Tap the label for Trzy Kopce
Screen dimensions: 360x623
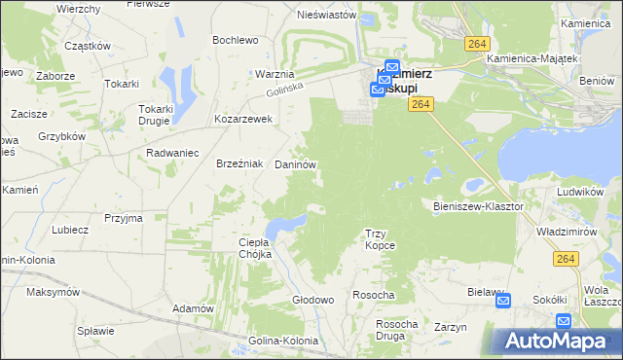379,239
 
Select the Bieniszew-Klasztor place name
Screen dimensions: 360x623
478,206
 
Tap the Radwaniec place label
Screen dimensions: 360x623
171,153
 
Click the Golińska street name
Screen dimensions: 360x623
282,90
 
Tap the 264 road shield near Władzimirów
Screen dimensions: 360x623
566,258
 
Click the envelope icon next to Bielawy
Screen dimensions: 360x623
503,302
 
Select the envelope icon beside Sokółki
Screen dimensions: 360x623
563,320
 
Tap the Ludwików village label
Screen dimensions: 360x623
582,192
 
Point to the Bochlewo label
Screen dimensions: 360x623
235,40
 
